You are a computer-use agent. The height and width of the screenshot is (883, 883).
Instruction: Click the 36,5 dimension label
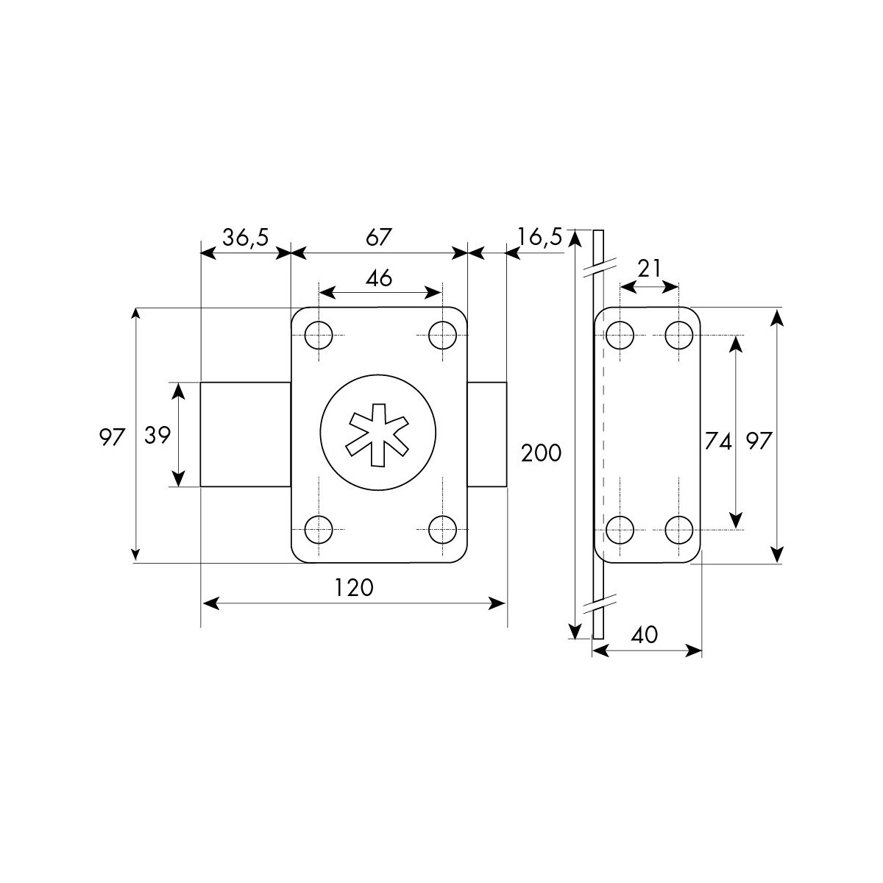coord(245,238)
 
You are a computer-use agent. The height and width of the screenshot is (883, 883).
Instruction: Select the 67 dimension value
coord(379,238)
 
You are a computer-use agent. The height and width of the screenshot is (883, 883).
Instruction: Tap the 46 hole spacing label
coord(379,277)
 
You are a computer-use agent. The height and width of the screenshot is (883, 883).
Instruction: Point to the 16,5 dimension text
coord(539,238)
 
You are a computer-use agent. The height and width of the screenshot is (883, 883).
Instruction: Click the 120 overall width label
coord(354,588)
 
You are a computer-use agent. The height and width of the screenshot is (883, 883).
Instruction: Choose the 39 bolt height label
coord(157,436)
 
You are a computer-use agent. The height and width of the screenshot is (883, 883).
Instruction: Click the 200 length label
coord(541,454)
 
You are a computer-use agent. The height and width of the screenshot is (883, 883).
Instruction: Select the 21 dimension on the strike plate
coord(649,269)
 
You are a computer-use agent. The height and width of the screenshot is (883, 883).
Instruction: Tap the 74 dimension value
coord(718,441)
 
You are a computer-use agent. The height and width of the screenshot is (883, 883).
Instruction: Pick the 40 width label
coord(645,635)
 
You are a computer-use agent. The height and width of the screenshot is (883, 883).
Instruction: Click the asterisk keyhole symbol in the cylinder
coord(378,436)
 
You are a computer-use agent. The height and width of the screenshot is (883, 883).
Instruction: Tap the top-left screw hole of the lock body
coord(319,336)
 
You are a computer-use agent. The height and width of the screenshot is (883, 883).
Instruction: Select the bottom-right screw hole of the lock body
coord(443,530)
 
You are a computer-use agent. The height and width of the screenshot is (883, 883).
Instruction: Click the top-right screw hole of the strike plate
coord(678,336)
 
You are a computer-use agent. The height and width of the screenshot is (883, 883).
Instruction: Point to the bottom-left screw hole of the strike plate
coord(620,530)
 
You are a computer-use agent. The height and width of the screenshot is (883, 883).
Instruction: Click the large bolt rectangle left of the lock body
coord(246,434)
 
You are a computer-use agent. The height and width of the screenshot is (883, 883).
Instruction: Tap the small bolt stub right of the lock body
coord(487,434)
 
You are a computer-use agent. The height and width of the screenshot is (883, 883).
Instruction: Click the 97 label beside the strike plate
coord(759,441)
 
